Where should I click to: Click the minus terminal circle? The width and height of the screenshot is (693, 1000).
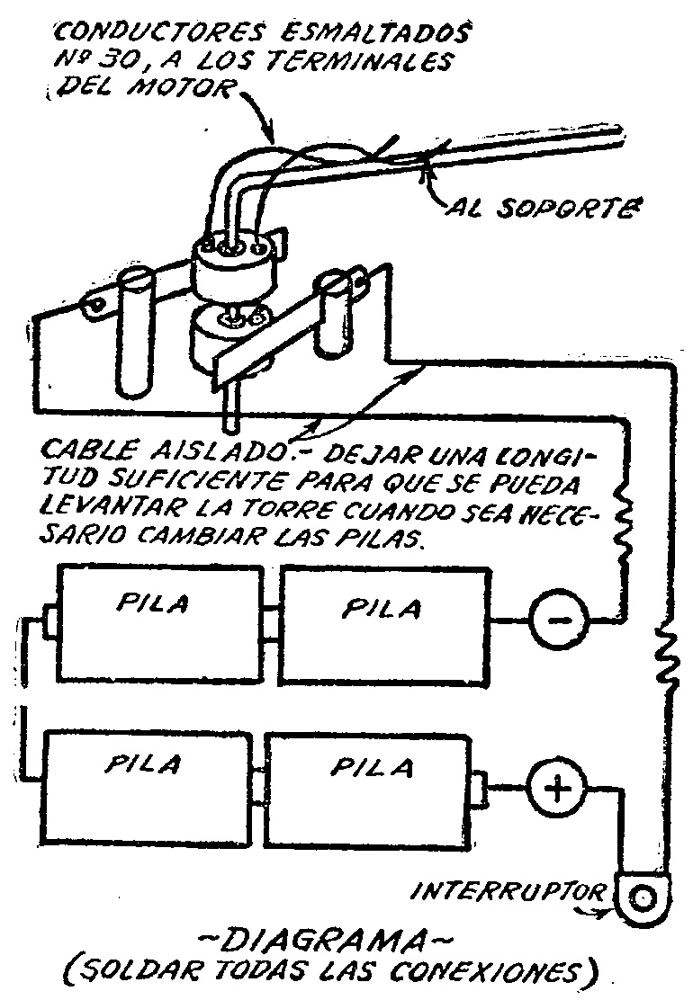[x=558, y=620]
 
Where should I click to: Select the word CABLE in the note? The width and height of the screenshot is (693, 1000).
[x=84, y=448]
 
